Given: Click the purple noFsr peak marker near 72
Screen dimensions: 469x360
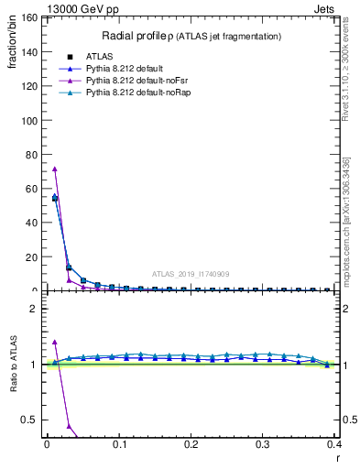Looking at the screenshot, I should [x=55, y=169].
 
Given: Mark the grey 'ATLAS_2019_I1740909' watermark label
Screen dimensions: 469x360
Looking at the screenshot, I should [x=191, y=274].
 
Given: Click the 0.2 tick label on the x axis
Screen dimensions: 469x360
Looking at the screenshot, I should [x=191, y=443].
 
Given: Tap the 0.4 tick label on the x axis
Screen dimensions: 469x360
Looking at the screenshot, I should [x=334, y=443].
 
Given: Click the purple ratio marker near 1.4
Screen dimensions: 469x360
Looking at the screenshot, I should [x=55, y=342].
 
